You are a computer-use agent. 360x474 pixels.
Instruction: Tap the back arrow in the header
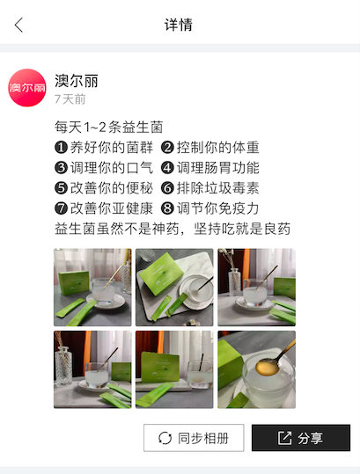pos(18,26)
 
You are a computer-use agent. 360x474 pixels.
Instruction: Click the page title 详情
pos(179,25)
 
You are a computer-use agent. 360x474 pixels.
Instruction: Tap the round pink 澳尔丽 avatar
pos(27,88)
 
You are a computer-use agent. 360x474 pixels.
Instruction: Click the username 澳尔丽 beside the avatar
pos(77,80)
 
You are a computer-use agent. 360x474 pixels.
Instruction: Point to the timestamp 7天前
pos(70,99)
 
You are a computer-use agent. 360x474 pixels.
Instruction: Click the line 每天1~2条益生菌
pos(108,128)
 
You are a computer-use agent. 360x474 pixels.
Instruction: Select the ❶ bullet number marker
pos(61,148)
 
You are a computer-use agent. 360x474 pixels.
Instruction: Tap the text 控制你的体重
pos(218,148)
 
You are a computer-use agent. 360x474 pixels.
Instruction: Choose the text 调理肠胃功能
pos(218,168)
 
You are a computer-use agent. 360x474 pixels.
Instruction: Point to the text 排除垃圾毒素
pos(218,188)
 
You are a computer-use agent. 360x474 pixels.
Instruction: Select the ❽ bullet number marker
pos(167,208)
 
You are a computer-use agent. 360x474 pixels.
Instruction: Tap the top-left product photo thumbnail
pos(92,288)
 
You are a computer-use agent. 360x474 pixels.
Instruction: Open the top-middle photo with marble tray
pos(174,288)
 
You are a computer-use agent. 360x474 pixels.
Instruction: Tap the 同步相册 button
pos(194,438)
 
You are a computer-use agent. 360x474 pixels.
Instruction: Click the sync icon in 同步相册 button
pos(165,438)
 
